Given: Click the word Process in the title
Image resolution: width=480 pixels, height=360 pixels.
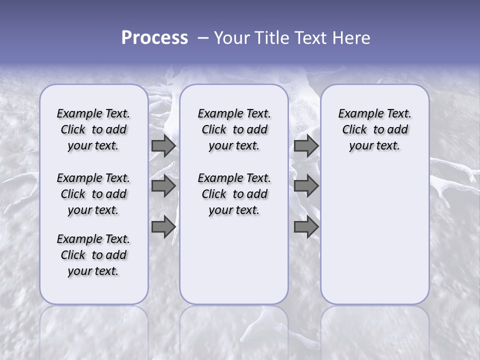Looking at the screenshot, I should [154, 38].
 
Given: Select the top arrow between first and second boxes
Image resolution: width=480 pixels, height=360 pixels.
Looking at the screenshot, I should [163, 146].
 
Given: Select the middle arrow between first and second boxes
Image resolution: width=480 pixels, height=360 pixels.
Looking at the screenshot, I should [163, 186].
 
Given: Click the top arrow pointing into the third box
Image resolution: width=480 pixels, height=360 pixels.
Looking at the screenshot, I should [306, 146].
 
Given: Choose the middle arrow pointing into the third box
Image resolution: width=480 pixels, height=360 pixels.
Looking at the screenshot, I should [306, 186].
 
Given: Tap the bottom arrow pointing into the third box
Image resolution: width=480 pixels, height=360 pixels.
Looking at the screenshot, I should [306, 227].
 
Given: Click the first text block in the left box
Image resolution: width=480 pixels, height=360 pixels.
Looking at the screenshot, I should [93, 129].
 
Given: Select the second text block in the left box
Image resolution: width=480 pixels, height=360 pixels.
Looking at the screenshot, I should [93, 194].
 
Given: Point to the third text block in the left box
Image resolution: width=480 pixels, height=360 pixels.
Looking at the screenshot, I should [93, 255].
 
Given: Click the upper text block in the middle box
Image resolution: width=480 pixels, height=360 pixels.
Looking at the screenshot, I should [234, 129].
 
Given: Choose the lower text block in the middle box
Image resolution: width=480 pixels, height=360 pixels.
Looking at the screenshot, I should [234, 194].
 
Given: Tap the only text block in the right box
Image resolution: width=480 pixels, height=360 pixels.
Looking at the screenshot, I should [374, 129].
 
